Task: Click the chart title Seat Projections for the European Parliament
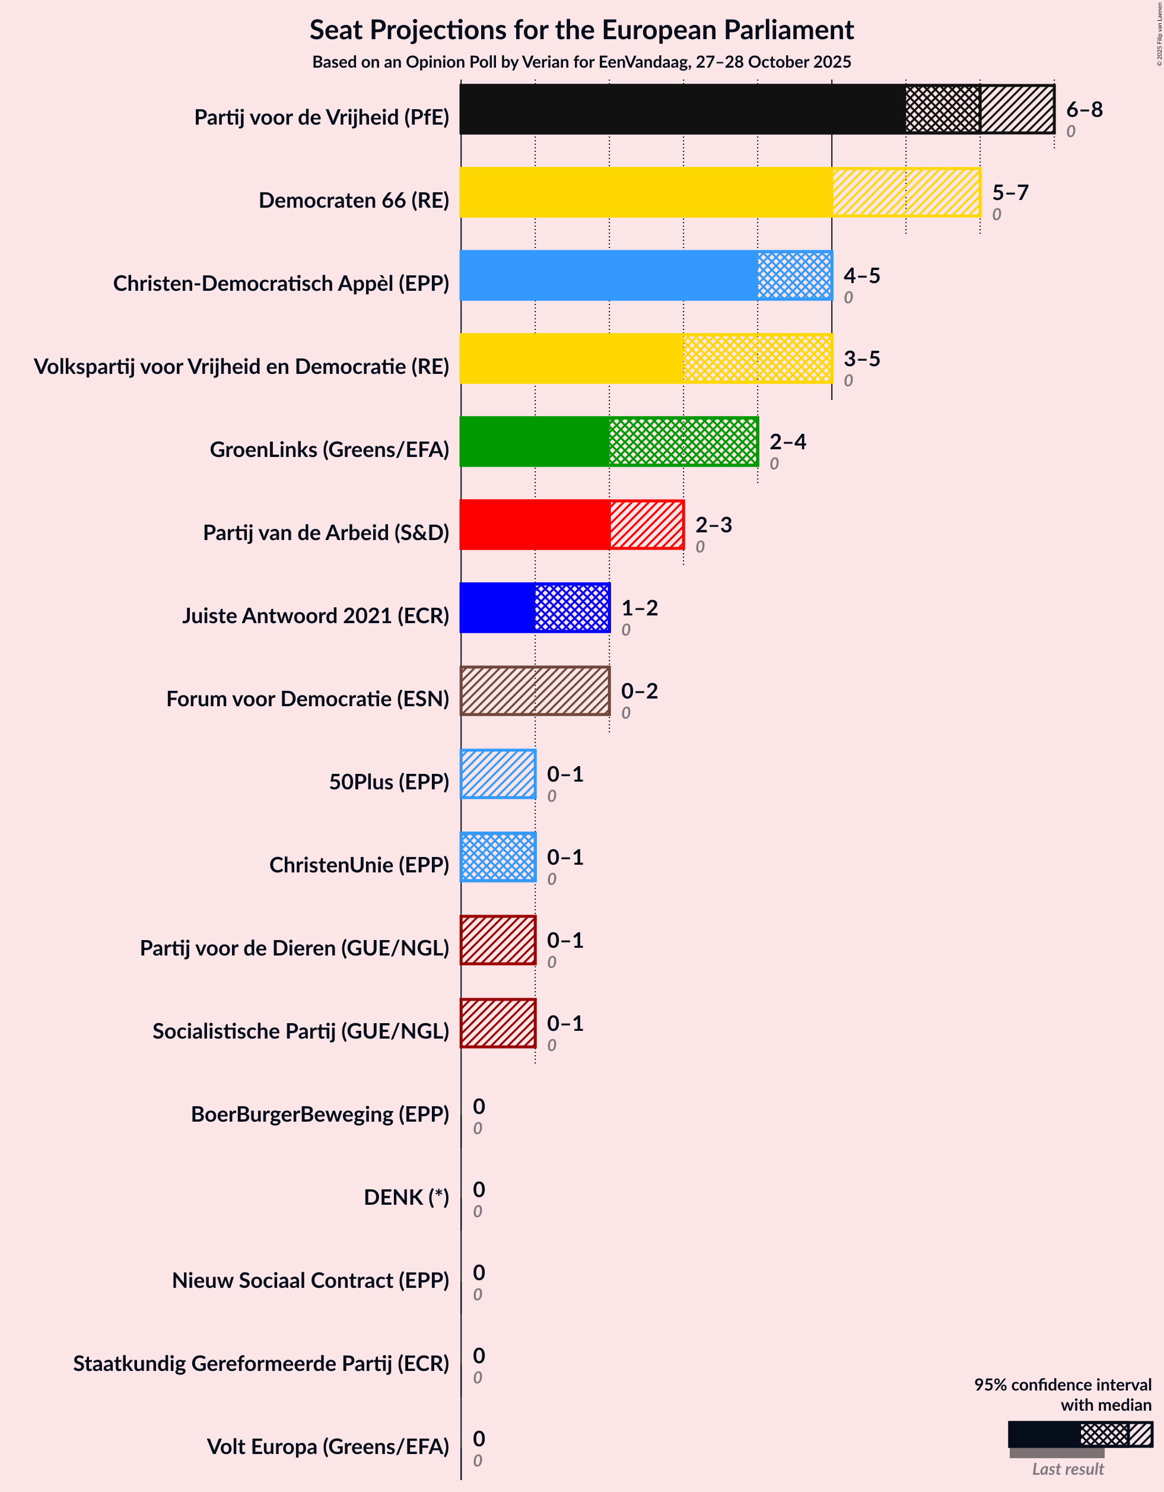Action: coord(581,30)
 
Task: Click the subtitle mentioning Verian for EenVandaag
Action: coord(581,62)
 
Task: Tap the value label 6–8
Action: coord(1084,109)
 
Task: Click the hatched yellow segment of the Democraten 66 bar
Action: coord(906,193)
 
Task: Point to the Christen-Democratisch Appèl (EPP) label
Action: coord(281,284)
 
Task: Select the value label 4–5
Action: coord(861,275)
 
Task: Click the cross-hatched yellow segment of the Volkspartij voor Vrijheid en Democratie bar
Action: coord(757,358)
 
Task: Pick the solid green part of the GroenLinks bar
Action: coord(534,442)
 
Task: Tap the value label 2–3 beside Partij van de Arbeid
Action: coord(713,525)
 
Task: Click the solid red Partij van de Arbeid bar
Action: coord(534,525)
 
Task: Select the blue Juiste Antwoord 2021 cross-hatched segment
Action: coord(572,608)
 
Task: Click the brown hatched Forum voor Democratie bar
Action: coord(535,691)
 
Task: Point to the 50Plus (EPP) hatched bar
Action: coord(498,774)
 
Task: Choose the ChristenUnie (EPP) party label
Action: coord(360,865)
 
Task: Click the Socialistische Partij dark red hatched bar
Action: coord(498,1023)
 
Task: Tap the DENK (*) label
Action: coord(406,1198)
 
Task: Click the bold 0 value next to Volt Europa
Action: coord(479,1439)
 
